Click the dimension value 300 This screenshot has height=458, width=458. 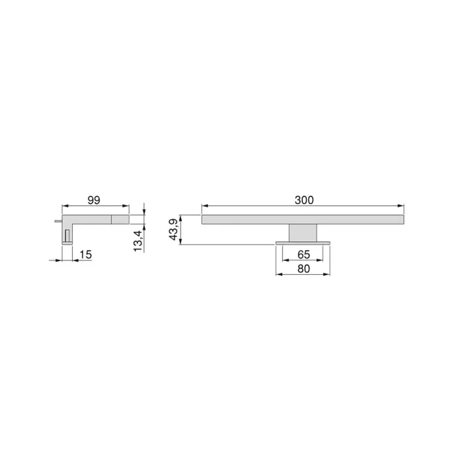tap(304, 200)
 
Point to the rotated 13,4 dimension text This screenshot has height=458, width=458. tap(137, 240)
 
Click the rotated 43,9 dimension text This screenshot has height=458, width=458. tap(173, 230)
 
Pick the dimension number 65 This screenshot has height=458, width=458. tap(303, 254)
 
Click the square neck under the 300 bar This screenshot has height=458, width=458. tap(303, 232)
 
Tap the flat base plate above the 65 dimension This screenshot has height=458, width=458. tap(303, 243)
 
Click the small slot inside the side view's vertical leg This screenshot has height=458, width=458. tap(66, 234)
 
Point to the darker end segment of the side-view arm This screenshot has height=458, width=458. tap(120, 219)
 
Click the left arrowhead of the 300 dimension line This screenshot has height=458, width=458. tap(204, 207)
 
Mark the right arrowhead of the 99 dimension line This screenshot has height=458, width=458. tap(127, 207)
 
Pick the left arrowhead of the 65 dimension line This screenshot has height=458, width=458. tap(284, 260)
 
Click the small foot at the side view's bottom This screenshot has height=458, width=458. tap(67, 243)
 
